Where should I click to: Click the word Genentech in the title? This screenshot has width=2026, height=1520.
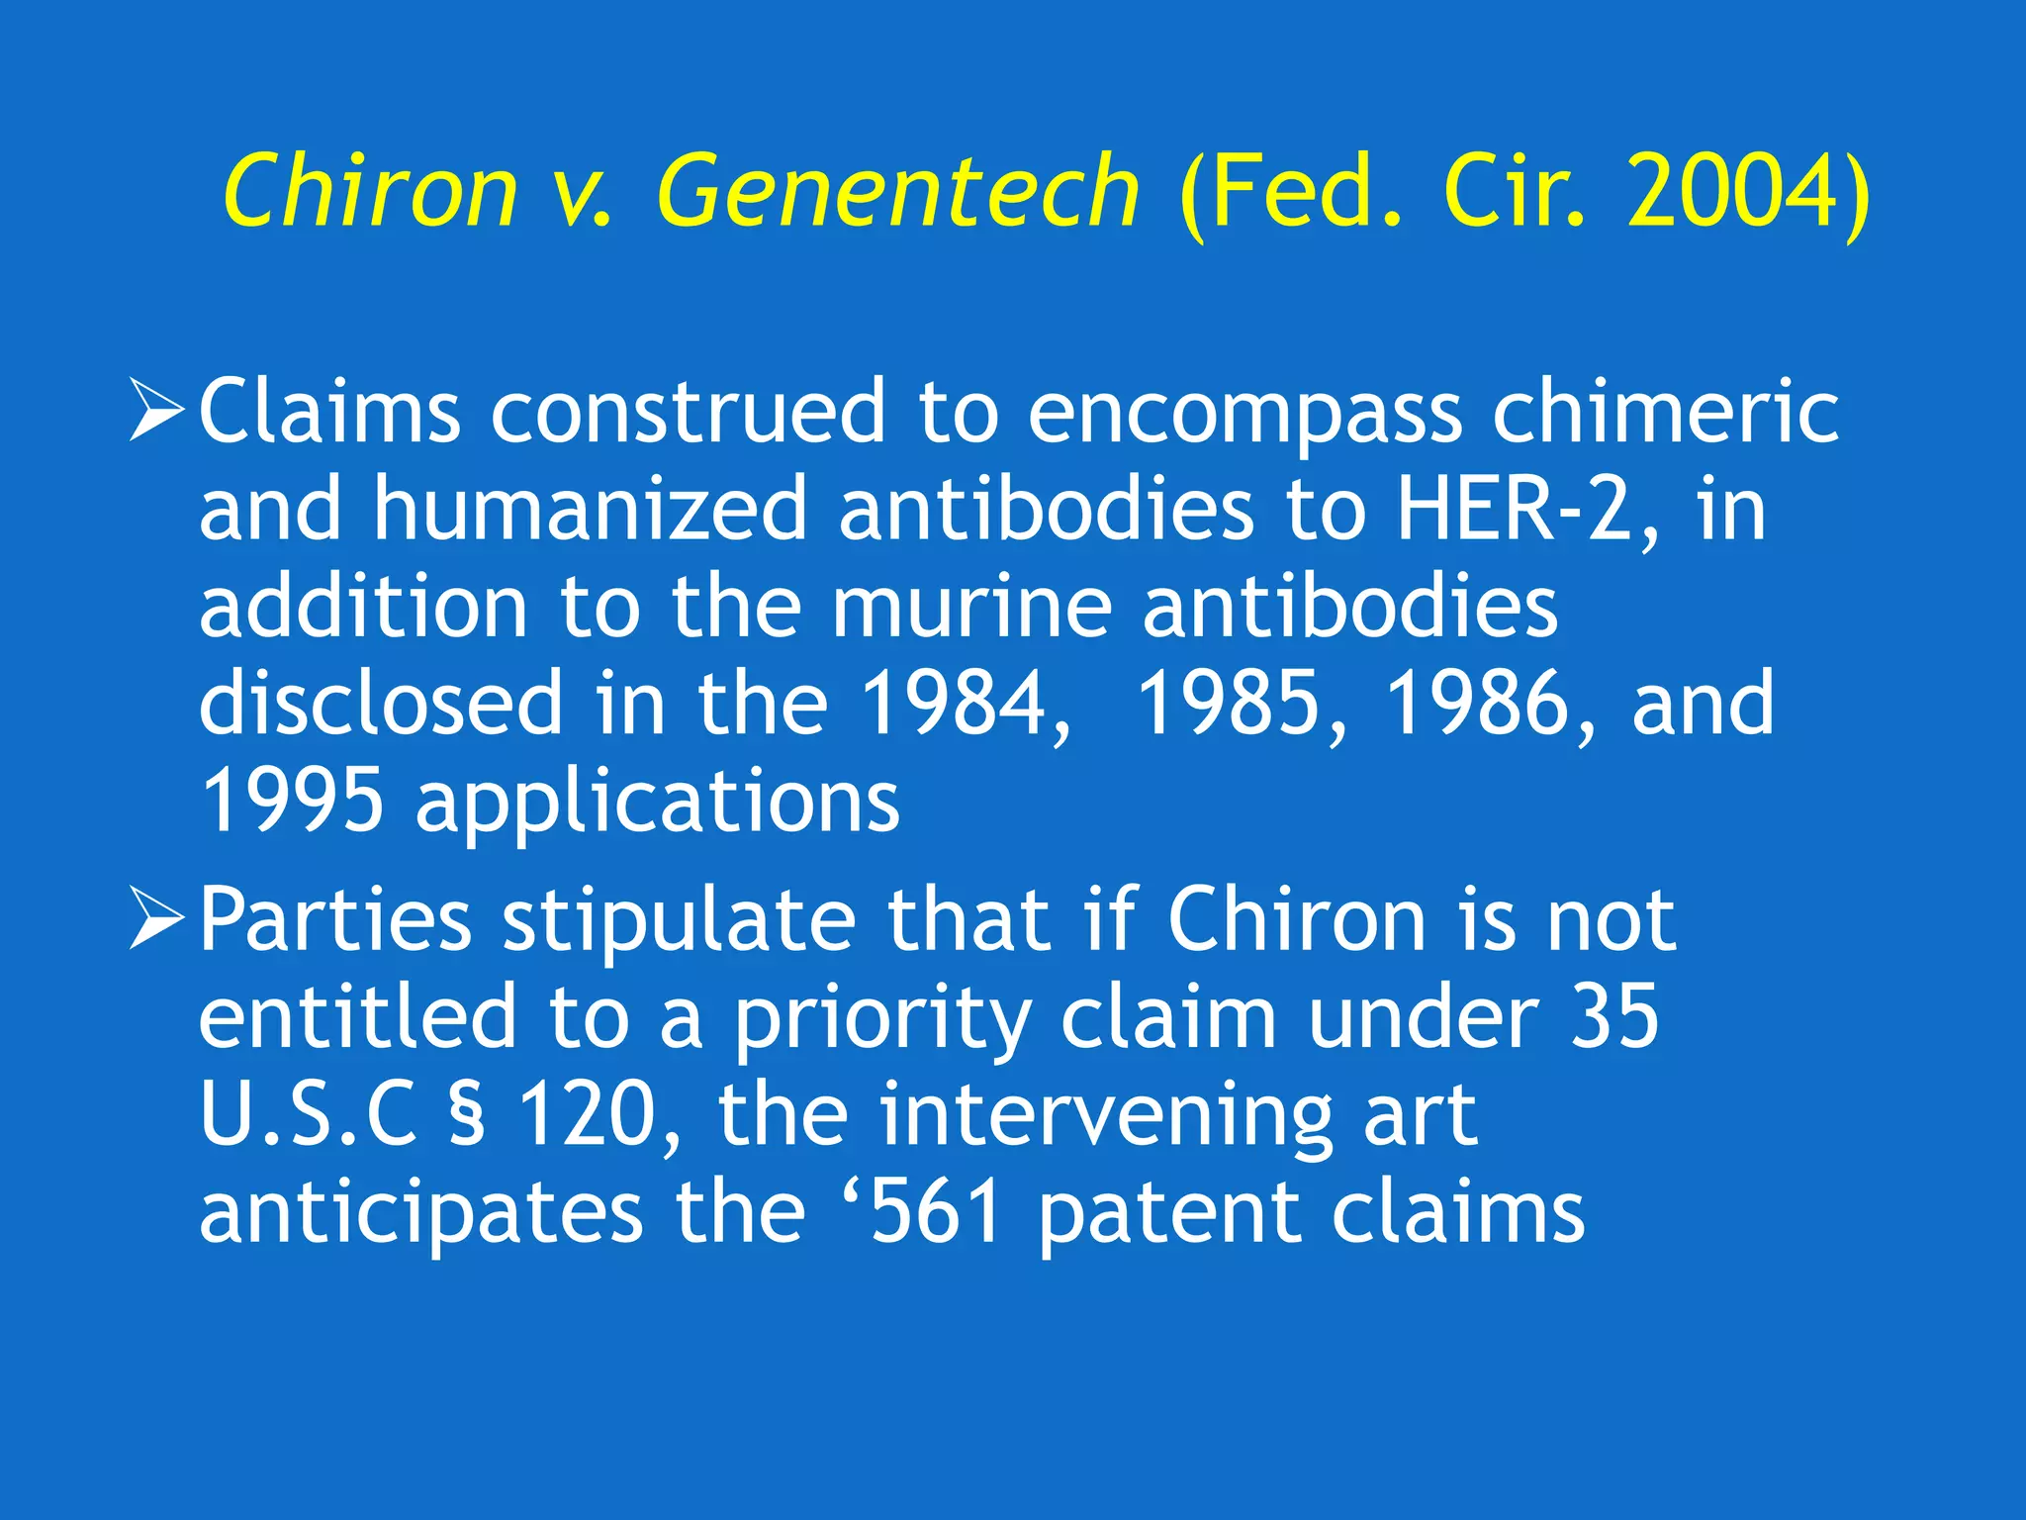click(x=898, y=190)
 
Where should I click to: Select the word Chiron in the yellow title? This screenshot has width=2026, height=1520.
click(x=370, y=190)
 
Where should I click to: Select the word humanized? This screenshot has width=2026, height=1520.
click(x=590, y=509)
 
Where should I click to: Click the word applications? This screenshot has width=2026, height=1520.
click(x=658, y=802)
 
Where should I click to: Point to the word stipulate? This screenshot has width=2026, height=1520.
click(x=679, y=919)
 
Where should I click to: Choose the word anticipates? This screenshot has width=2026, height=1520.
click(x=420, y=1213)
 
